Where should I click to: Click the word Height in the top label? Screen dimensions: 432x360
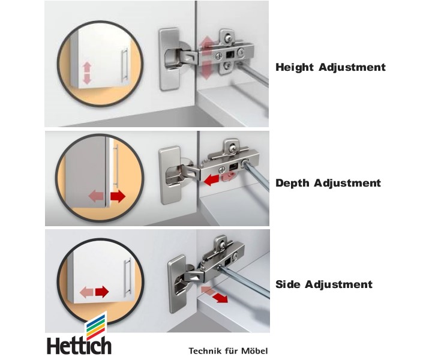pos(295,67)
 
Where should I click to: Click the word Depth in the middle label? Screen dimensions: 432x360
pos(292,183)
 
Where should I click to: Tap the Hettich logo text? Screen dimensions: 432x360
pos(79,346)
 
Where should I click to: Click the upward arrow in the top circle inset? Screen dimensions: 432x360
pos(87,67)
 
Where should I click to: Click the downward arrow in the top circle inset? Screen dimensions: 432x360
pos(87,79)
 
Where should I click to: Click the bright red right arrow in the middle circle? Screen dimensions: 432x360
pos(118,196)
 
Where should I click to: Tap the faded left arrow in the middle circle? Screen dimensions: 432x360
pos(96,196)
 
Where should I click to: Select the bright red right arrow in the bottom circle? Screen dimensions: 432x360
pos(102,292)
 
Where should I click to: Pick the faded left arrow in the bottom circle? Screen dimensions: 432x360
pos(86,292)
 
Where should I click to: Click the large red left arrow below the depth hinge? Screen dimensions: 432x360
pos(212,179)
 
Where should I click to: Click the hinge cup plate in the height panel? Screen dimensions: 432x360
pos(170,59)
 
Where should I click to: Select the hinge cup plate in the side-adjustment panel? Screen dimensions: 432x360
pos(178,284)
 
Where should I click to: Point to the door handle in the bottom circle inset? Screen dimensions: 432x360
pos(127,278)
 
